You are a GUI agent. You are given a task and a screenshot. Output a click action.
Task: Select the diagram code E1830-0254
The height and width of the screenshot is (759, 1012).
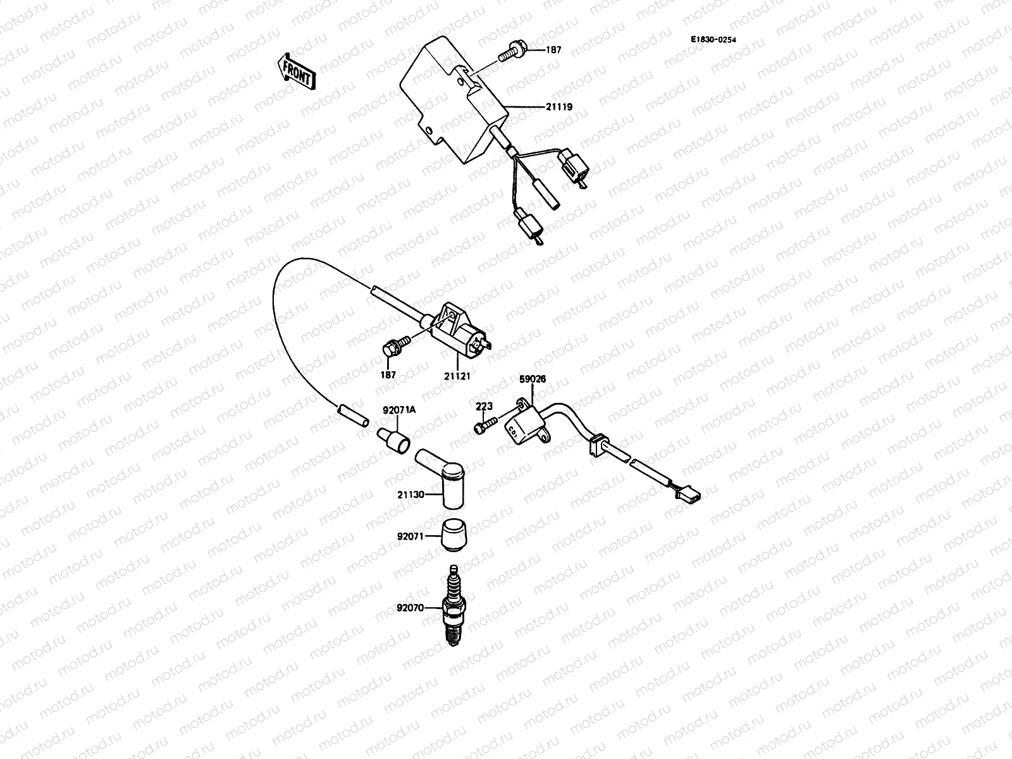pyautogui.click(x=713, y=39)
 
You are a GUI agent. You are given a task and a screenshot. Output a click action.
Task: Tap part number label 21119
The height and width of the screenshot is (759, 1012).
pyautogui.click(x=559, y=107)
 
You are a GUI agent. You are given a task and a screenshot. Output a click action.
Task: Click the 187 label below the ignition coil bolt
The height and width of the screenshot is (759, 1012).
pyautogui.click(x=388, y=374)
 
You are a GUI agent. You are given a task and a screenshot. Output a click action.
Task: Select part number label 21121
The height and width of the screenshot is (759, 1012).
pyautogui.click(x=457, y=375)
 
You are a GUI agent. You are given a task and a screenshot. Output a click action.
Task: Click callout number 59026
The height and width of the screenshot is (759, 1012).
pyautogui.click(x=533, y=379)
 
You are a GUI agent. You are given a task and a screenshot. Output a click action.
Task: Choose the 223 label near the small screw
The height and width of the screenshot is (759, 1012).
pyautogui.click(x=484, y=407)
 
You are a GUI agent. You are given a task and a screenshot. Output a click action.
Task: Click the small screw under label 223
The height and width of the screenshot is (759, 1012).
pyautogui.click(x=483, y=427)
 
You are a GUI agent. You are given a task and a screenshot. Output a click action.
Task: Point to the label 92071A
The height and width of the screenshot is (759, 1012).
pyautogui.click(x=398, y=410)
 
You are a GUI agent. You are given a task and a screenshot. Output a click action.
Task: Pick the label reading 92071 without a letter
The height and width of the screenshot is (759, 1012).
pyautogui.click(x=410, y=536)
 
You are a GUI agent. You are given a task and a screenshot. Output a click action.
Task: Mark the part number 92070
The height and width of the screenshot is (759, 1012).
pyautogui.click(x=410, y=608)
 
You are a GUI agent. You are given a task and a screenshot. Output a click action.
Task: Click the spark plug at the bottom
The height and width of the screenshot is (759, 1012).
pyautogui.click(x=453, y=607)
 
